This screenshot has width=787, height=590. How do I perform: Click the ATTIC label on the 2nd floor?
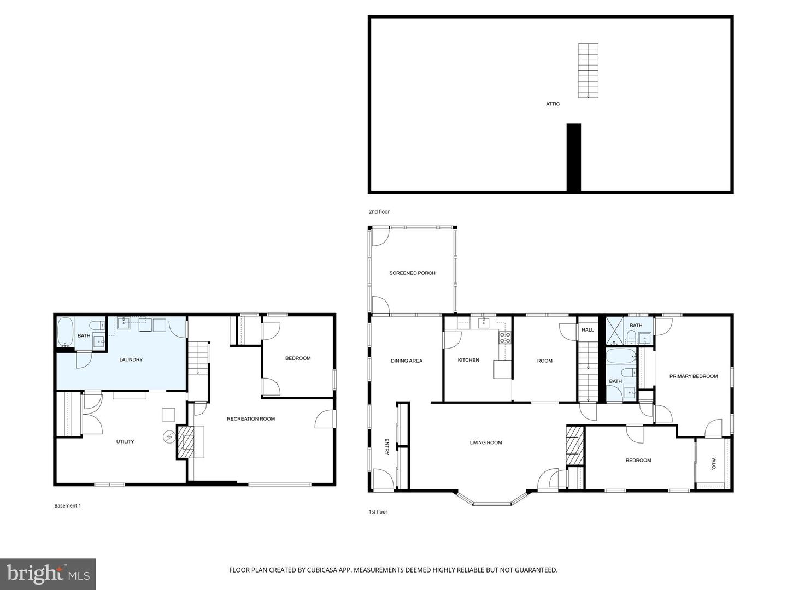pyautogui.click(x=553, y=104)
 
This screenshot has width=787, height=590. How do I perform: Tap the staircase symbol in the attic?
pyautogui.click(x=588, y=70)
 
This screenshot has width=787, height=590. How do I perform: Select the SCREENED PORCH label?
pyautogui.click(x=412, y=273)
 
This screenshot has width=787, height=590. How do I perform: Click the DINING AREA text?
pyautogui.click(x=407, y=361)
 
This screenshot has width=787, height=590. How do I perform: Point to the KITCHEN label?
pyautogui.click(x=468, y=360)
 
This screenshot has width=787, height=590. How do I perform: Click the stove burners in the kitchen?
pyautogui.click(x=505, y=338)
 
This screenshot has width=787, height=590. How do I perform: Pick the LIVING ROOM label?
pyautogui.click(x=485, y=442)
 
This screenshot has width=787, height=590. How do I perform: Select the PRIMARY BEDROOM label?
pyautogui.click(x=694, y=376)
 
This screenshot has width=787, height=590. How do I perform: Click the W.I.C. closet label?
pyautogui.click(x=714, y=463)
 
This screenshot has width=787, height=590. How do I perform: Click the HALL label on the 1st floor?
pyautogui.click(x=588, y=330)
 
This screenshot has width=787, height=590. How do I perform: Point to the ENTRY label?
pyautogui.click(x=387, y=446)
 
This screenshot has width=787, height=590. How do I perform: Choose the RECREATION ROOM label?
pyautogui.click(x=251, y=419)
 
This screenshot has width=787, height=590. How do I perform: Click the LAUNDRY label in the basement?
pyautogui.click(x=131, y=359)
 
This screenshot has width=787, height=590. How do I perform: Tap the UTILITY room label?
pyautogui.click(x=125, y=441)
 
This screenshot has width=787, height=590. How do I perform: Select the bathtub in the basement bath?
pyautogui.click(x=65, y=332)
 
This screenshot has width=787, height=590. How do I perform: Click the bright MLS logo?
pyautogui.click(x=48, y=574)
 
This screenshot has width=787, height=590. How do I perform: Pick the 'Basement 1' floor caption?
pyautogui.click(x=68, y=506)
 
